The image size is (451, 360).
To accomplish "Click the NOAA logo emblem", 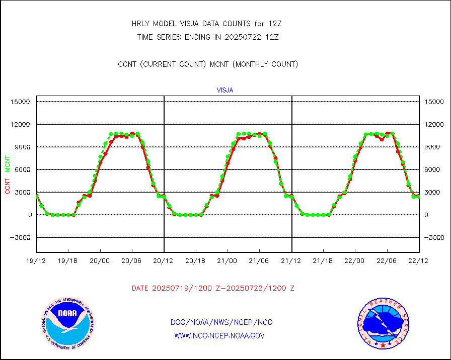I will (x=67, y=322).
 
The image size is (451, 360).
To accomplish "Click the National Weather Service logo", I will (x=383, y=323).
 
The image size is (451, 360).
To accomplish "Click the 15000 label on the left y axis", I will (x=21, y=102).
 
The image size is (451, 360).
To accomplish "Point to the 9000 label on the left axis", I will (x=23, y=147).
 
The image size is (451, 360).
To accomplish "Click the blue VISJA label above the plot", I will (x=225, y=91).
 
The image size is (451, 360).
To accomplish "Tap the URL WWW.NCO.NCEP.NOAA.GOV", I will (x=219, y=335).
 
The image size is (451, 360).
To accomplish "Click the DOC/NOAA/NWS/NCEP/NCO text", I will (x=221, y=322).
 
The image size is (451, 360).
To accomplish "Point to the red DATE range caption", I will (x=213, y=289).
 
